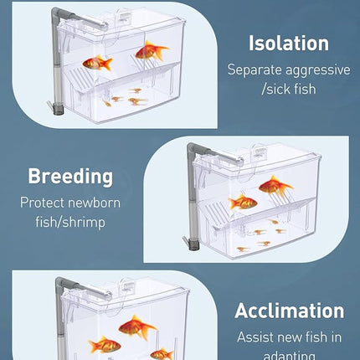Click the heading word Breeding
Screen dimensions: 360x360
[69, 177]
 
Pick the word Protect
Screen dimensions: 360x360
[43, 202]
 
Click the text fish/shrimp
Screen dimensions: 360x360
[69, 222]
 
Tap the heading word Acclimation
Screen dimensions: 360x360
[289, 311]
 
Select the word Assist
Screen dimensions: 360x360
[256, 337]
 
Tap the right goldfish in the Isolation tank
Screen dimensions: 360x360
[150, 52]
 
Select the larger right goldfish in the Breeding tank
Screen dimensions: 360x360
[275, 185]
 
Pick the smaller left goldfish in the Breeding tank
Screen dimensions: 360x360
[243, 201]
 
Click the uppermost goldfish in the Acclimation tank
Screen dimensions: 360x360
[136, 326]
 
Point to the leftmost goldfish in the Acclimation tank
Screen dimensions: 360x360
[105, 344]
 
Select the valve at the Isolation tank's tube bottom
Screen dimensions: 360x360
[59, 107]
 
